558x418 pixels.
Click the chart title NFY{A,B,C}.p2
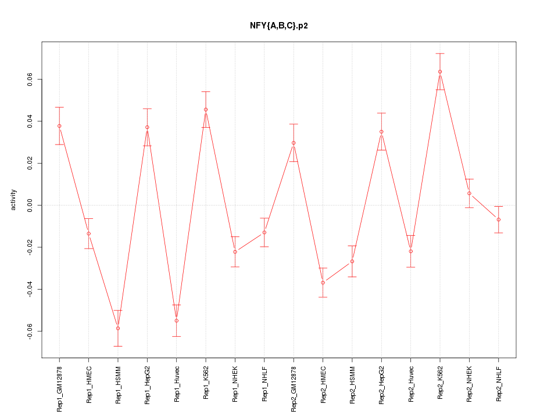pyautogui.click(x=278, y=26)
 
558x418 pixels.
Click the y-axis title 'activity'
pyautogui.click(x=13, y=200)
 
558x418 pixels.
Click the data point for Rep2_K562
pyautogui.click(x=440, y=71)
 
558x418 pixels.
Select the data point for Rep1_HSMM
pyautogui.click(x=118, y=328)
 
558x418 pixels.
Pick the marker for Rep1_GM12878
pyautogui.click(x=59, y=126)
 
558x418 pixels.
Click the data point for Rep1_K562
pyautogui.click(x=206, y=109)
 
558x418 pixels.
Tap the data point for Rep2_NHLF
pyautogui.click(x=499, y=219)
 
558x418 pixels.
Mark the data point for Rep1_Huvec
pyautogui.click(x=177, y=320)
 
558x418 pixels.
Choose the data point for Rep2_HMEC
pyautogui.click(x=323, y=283)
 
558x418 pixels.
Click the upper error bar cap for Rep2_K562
pyautogui.click(x=440, y=53)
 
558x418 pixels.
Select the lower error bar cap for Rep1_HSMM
pyautogui.click(x=118, y=346)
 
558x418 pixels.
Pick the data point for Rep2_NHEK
pyautogui.click(x=469, y=193)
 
